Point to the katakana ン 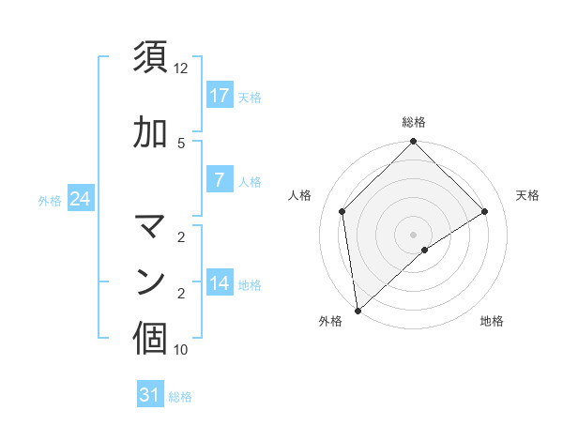pyautogui.click(x=151, y=281)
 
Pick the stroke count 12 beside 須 pyautogui.click(x=181, y=68)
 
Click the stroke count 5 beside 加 pyautogui.click(x=181, y=143)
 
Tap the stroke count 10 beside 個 pyautogui.click(x=181, y=350)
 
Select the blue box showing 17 pyautogui.click(x=220, y=96)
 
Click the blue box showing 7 pyautogui.click(x=220, y=181)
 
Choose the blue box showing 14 pyautogui.click(x=220, y=283)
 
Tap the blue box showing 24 pyautogui.click(x=81, y=199)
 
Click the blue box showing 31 pyautogui.click(x=150, y=395)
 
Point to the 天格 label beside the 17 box pyautogui.click(x=250, y=97)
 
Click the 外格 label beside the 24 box pyautogui.click(x=50, y=200)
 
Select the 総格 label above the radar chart pyautogui.click(x=413, y=122)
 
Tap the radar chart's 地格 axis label pyautogui.click(x=492, y=322)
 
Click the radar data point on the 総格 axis pyautogui.click(x=413, y=143)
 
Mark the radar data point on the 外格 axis pyautogui.click(x=358, y=310)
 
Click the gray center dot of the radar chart pyautogui.click(x=413, y=234)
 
